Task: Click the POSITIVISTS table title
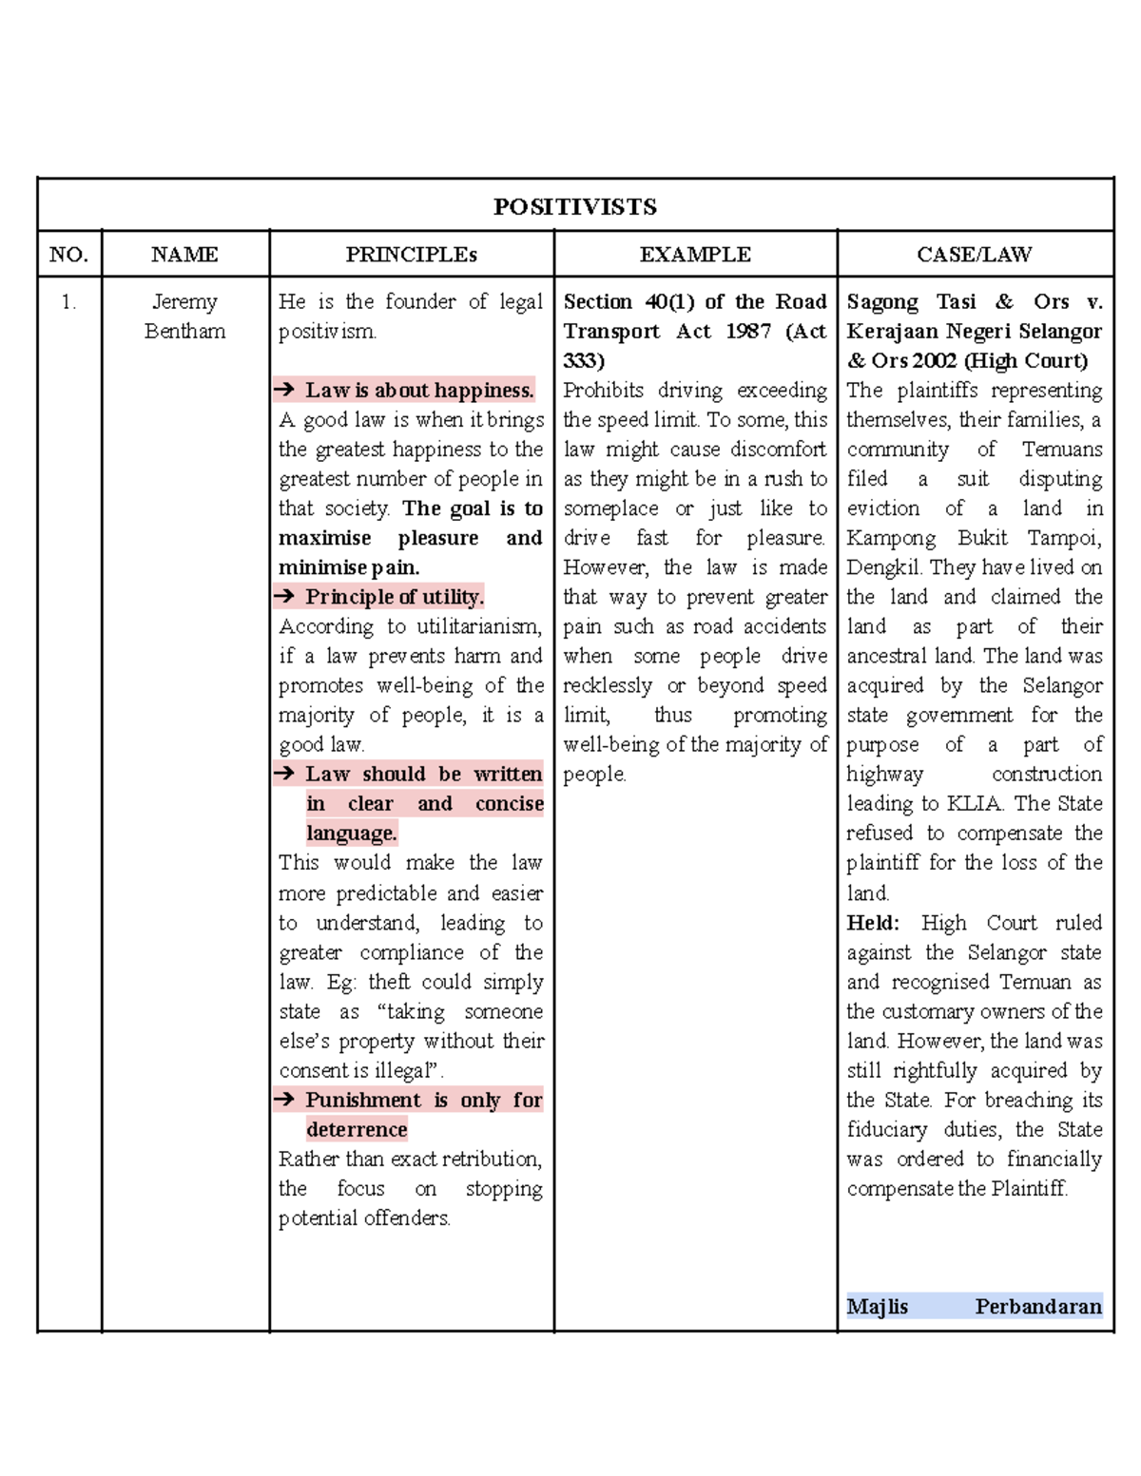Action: (574, 206)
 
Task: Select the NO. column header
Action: (68, 255)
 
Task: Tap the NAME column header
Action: (184, 255)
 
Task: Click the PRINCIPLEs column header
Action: (411, 255)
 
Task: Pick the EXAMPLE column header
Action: (695, 255)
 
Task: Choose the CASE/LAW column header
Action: (974, 255)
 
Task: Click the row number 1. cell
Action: (68, 302)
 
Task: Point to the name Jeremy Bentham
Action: (184, 316)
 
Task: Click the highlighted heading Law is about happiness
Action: (418, 390)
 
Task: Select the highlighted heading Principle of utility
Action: (394, 597)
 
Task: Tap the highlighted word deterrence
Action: (357, 1129)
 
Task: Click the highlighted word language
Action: (351, 834)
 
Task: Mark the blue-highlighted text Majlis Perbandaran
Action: (974, 1306)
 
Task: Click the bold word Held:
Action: (872, 923)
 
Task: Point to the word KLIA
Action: (974, 804)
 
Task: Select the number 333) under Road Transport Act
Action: (583, 361)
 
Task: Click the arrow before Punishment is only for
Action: (284, 1100)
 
